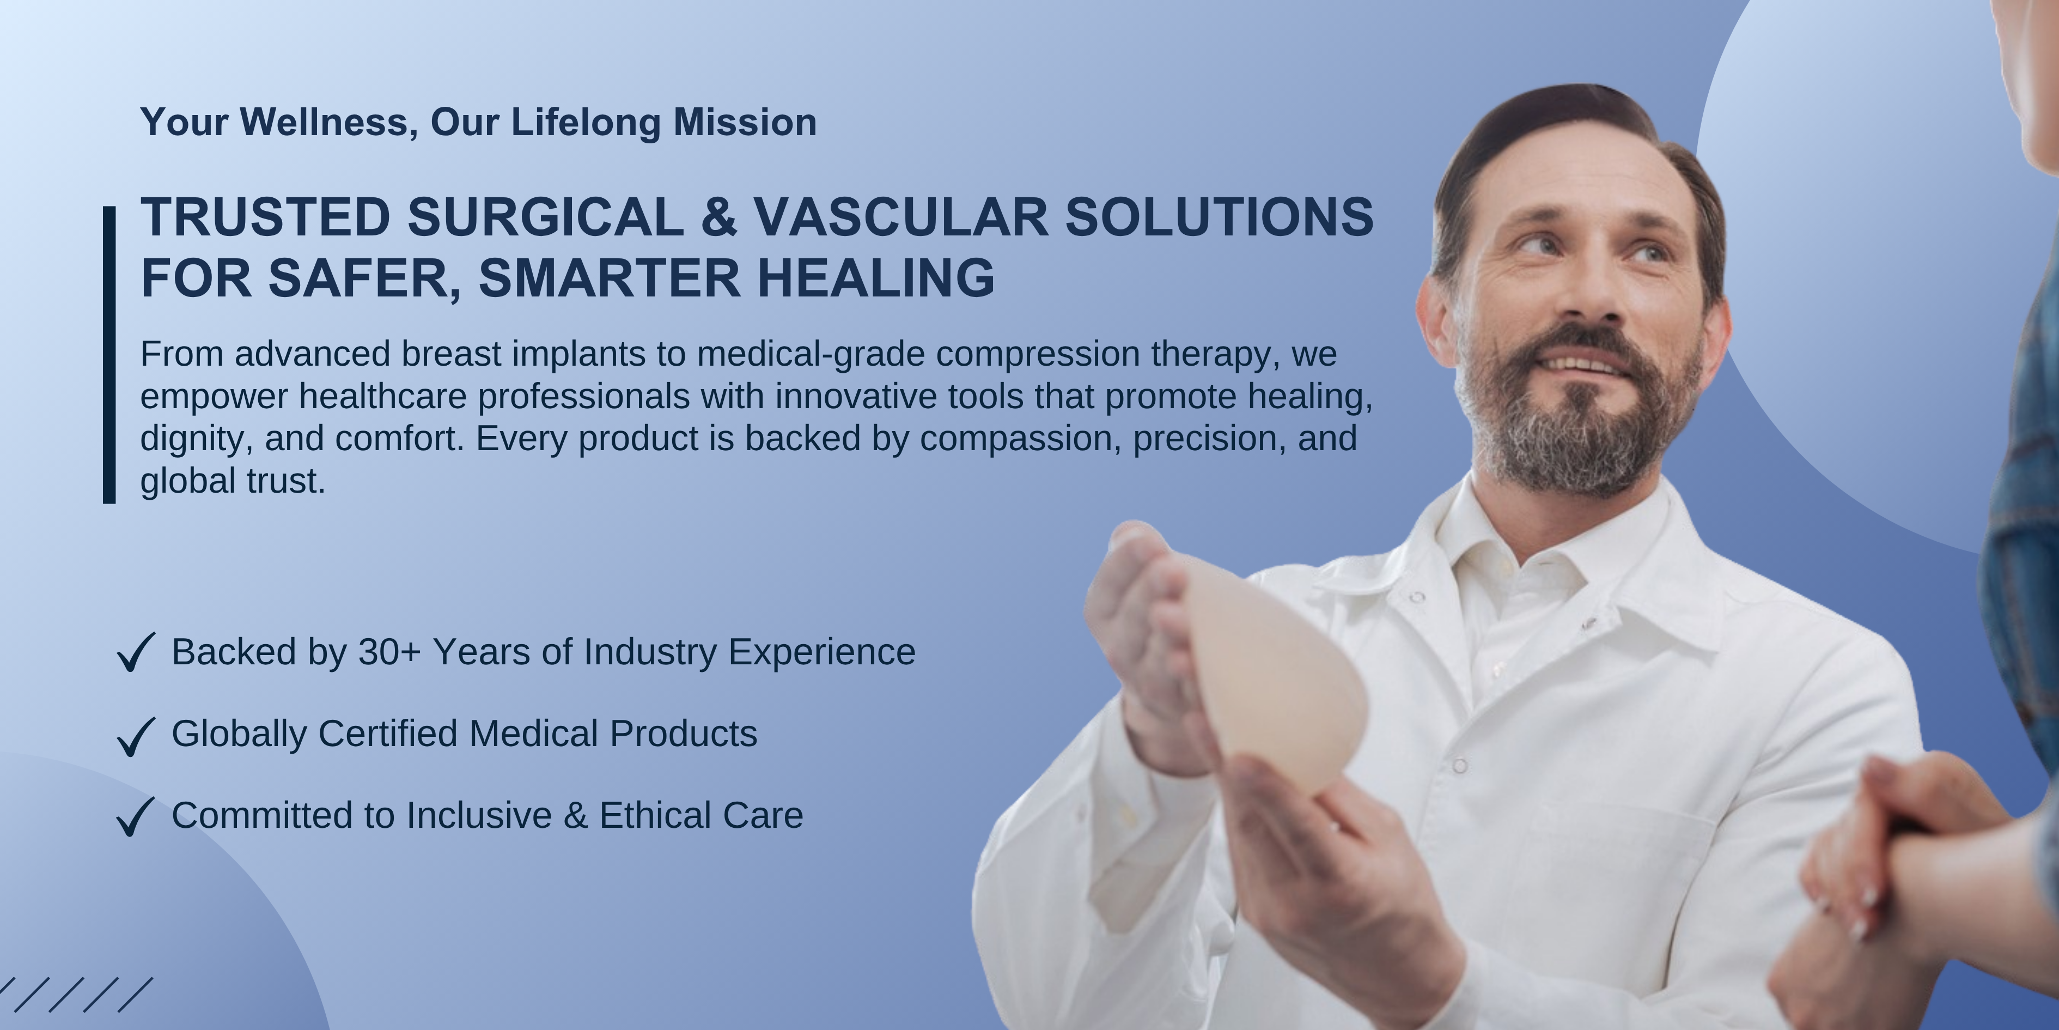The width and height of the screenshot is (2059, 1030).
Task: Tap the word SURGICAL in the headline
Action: pos(545,217)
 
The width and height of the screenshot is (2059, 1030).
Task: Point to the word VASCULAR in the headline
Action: pos(900,217)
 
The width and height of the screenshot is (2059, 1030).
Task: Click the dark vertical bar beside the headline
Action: pos(109,355)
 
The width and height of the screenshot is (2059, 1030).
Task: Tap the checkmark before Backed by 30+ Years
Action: pos(136,652)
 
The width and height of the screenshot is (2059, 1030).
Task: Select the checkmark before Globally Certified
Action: pos(136,736)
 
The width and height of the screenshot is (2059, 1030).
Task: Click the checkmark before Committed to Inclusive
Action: pos(136,816)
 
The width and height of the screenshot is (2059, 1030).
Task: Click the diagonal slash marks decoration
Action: pos(75,994)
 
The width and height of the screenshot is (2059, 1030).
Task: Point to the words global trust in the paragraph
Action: pos(233,481)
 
